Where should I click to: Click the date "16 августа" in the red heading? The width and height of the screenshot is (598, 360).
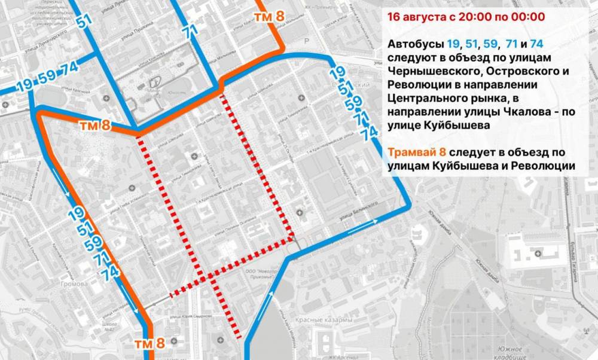pos(414,16)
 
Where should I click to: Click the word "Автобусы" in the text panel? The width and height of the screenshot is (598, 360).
pos(416,44)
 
